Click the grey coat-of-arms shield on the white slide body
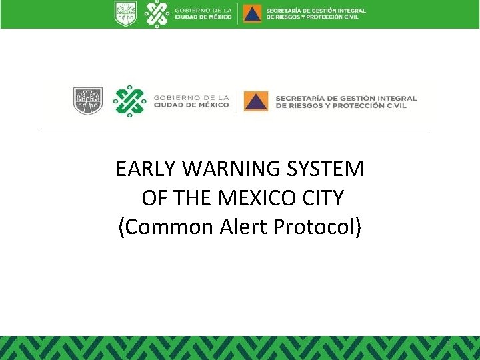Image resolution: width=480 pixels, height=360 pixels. tap(87, 100)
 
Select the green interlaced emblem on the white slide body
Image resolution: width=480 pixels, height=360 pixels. tap(129, 101)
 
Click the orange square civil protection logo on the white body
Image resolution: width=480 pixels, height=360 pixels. tap(256, 101)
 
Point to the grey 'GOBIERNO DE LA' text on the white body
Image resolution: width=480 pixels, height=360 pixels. tap(190, 97)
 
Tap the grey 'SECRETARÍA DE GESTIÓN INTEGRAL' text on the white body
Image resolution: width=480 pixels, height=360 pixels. tap(346, 97)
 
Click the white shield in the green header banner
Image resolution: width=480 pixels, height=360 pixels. tap(125, 13)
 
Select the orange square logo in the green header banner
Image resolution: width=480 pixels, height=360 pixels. tap(252, 13)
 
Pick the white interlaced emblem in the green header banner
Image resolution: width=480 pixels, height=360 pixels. tap(157, 13)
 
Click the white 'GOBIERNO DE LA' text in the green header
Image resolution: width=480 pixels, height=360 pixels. tap(203, 10)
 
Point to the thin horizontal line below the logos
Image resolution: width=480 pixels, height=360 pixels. tap(235, 131)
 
